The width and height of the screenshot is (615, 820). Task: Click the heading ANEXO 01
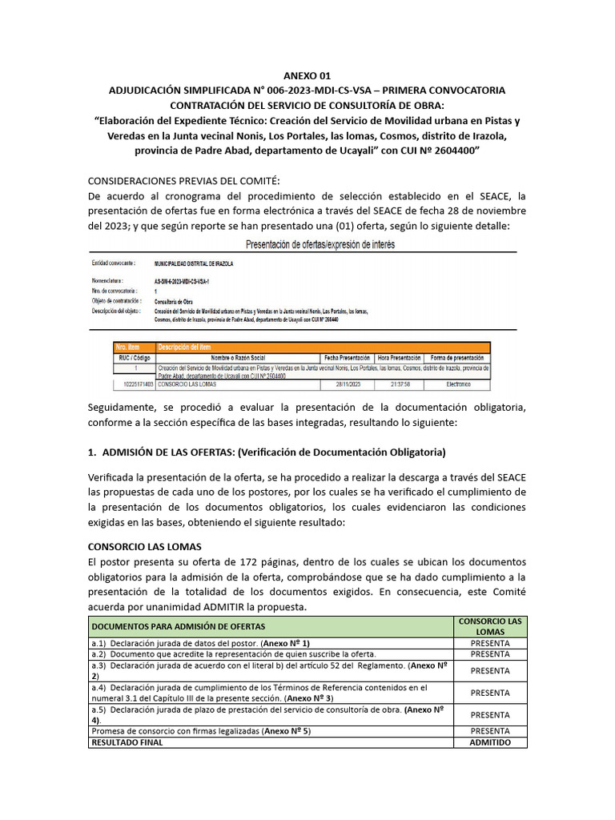point(307,74)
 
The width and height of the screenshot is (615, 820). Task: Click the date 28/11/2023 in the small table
point(345,384)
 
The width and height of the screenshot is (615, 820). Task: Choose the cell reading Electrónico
point(456,384)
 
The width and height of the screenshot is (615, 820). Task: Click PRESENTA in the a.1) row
point(489,643)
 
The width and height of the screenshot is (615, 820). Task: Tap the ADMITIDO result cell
point(489,742)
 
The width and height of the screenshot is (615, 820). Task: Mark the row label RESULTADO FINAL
point(127,742)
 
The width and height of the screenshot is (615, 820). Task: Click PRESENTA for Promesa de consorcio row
point(489,731)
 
